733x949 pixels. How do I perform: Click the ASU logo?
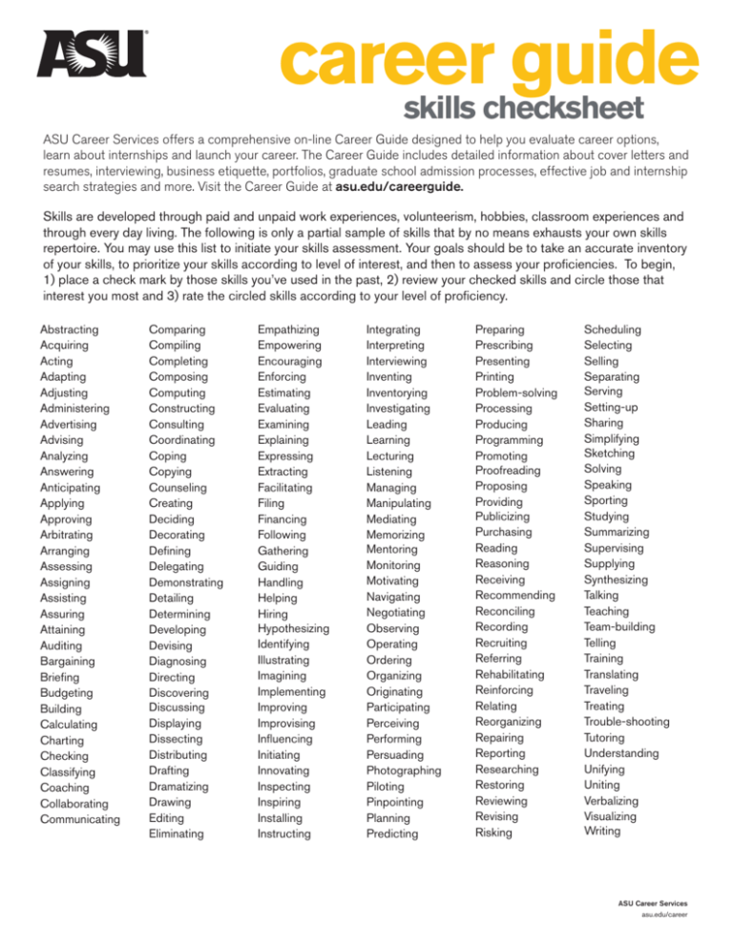click(x=91, y=54)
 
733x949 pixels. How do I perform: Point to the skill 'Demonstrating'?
click(x=186, y=581)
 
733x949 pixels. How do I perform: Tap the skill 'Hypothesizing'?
click(x=293, y=629)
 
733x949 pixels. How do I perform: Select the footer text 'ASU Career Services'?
click(x=654, y=901)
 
